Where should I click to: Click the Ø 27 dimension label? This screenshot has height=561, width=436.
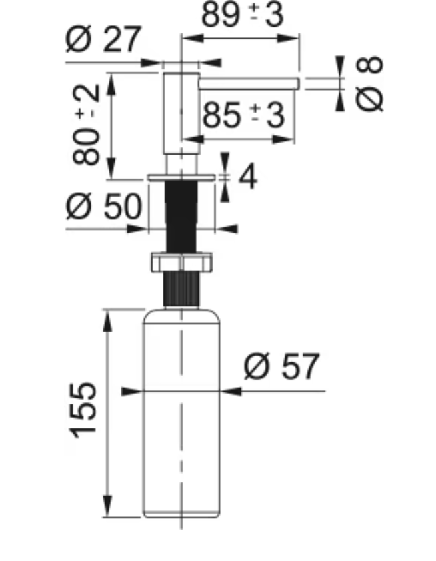pos(103,39)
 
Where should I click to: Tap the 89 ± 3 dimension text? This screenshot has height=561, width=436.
pos(243,15)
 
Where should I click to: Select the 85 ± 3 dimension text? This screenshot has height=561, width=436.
pos(243,115)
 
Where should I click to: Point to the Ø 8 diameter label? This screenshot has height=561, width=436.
pos(370,83)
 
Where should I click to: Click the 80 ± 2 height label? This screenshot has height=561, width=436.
pos(86,124)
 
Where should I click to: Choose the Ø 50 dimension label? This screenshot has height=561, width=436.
pos(104,206)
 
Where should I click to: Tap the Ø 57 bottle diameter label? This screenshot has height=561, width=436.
pos(281,366)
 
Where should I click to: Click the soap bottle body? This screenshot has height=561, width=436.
pos(181,414)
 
